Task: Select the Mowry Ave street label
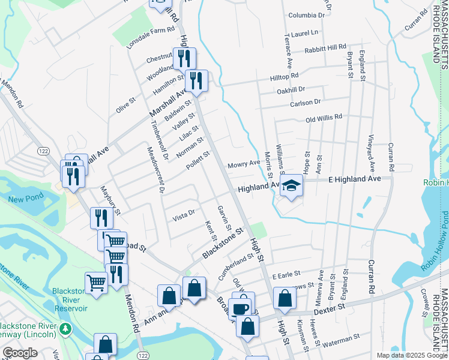243,164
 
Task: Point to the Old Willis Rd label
324,118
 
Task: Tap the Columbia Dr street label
306,15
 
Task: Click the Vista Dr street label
184,213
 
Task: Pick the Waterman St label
340,341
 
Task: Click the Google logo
20,353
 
